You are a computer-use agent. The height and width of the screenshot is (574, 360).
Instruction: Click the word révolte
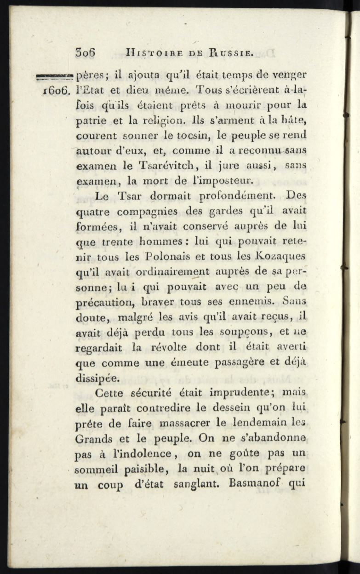[x=170, y=347]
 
